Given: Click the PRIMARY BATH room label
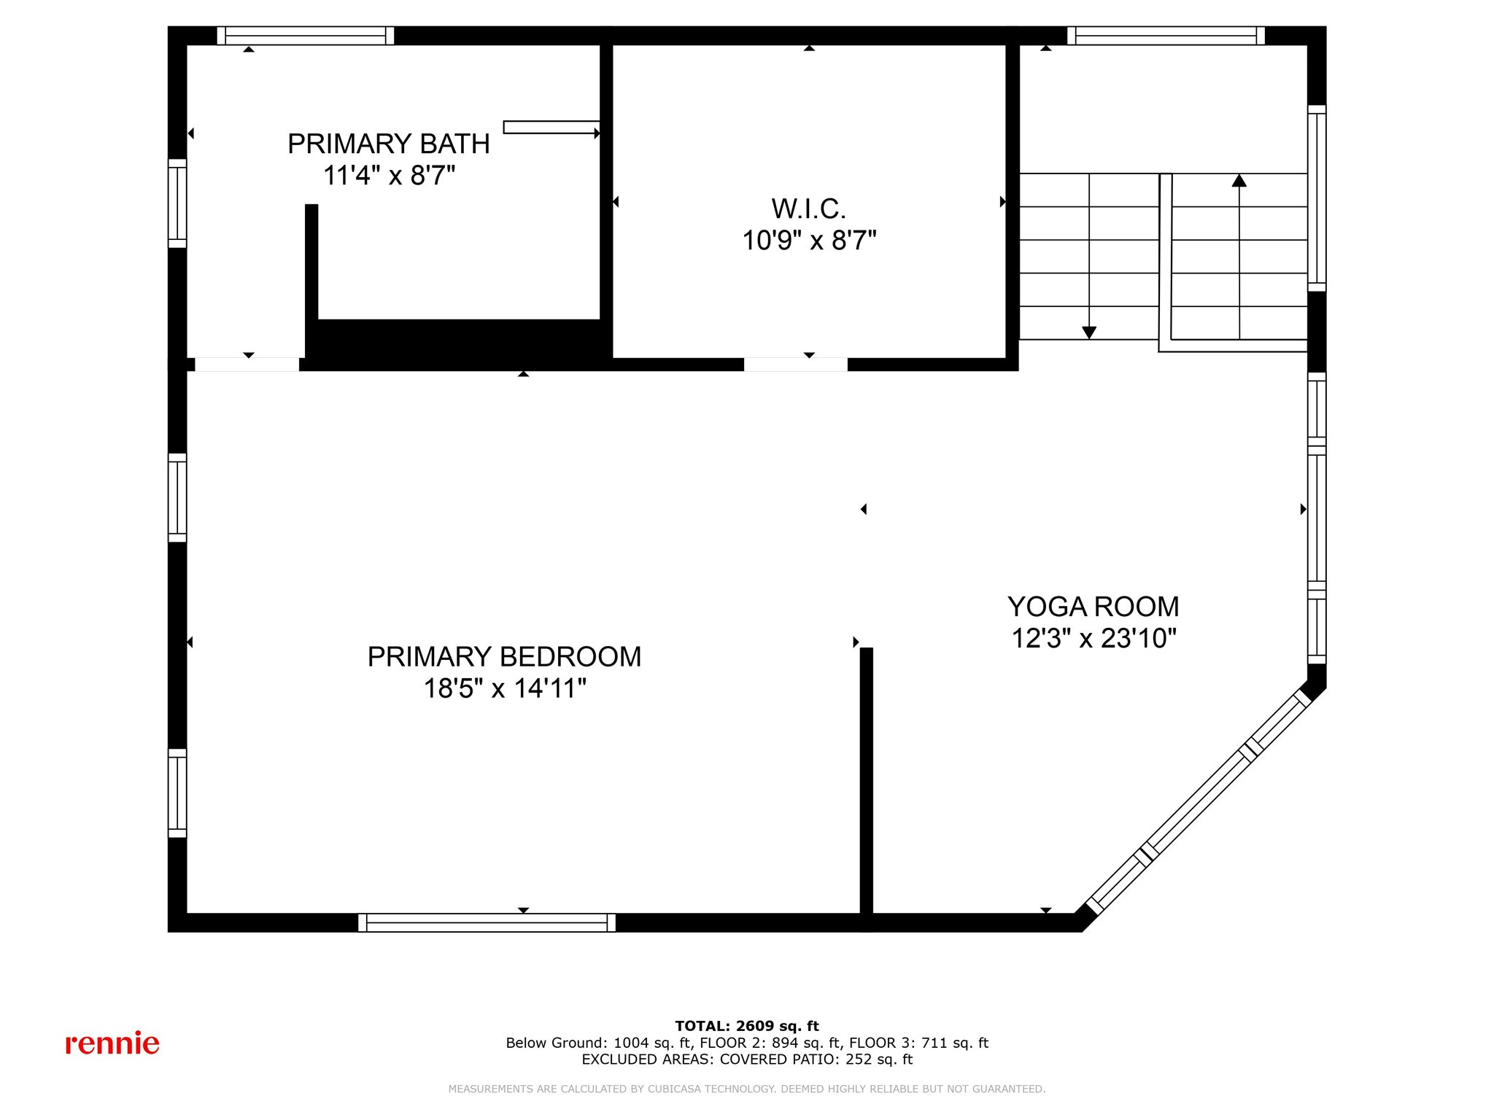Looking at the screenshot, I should (388, 144).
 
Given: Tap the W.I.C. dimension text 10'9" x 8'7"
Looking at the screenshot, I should (809, 241).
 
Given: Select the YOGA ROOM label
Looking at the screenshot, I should (1093, 607).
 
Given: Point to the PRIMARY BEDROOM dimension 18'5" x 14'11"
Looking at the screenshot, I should (505, 688).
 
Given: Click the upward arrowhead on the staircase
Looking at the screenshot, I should (1239, 180).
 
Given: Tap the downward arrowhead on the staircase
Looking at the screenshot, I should (1089, 332).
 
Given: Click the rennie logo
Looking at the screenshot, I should (112, 1043).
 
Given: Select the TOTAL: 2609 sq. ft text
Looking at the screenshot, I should (747, 1026).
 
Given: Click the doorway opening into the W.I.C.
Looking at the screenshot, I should (795, 365).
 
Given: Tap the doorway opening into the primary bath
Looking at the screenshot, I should (247, 365).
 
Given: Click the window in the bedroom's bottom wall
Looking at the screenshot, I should (487, 922).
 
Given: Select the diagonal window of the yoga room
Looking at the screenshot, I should (1196, 802).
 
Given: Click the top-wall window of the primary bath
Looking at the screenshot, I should (306, 36).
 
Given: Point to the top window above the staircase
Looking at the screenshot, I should (1166, 36).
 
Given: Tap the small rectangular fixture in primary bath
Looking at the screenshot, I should (551, 128).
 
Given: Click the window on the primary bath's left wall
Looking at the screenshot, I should (177, 203).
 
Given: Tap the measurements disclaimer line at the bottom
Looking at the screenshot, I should (747, 1089).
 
